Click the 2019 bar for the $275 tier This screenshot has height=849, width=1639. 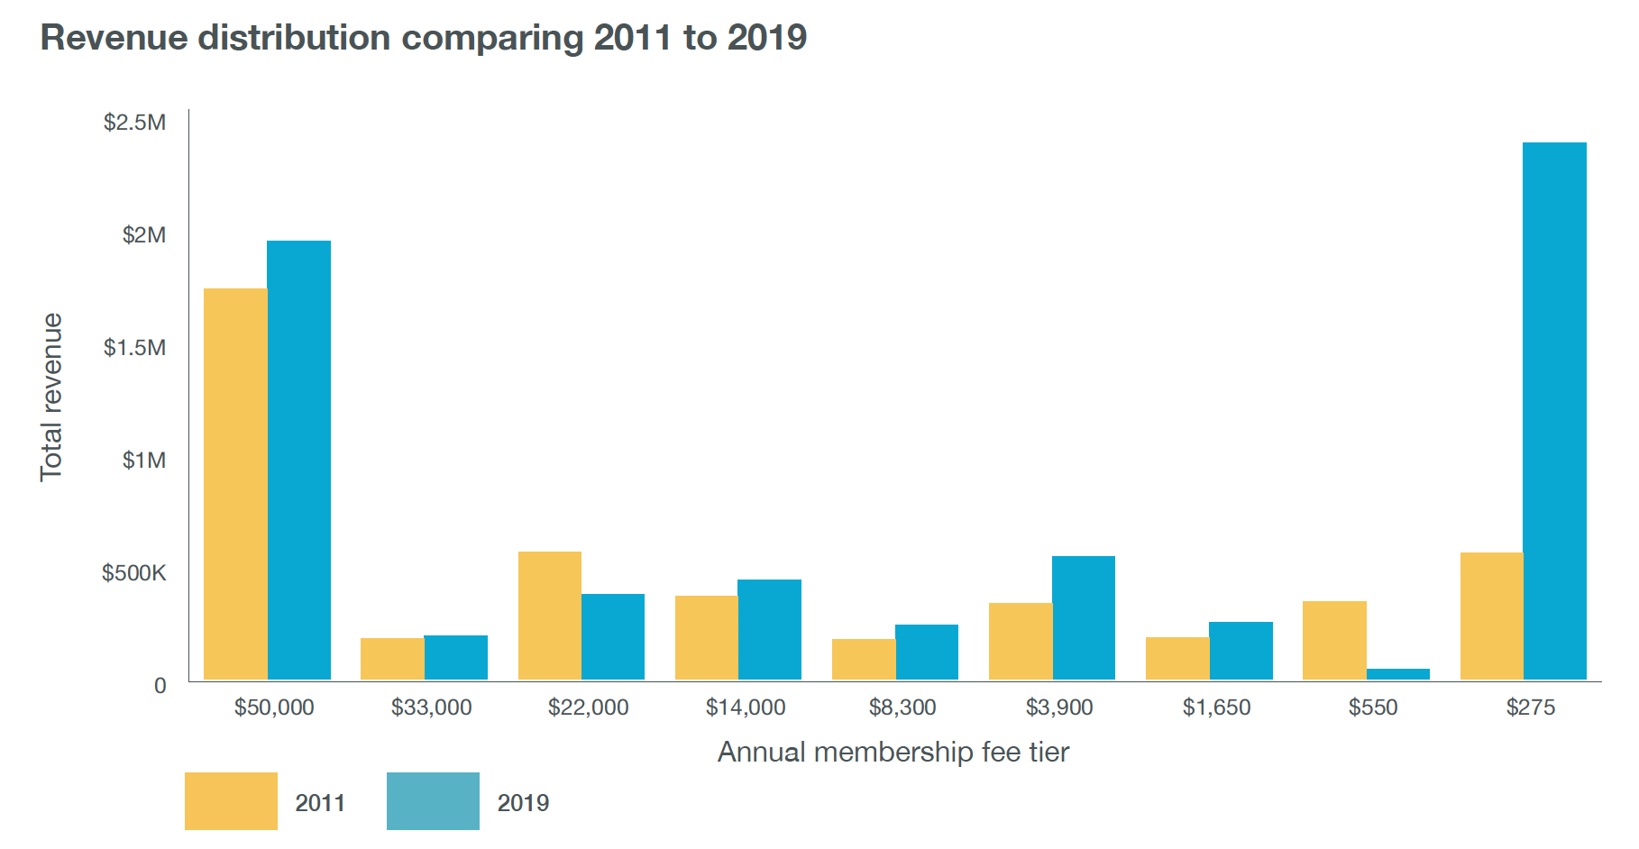[x=1554, y=411]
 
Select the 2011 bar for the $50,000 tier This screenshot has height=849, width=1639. [x=235, y=484]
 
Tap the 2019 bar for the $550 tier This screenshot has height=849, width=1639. [x=1397, y=674]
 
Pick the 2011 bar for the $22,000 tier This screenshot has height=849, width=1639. [x=549, y=616]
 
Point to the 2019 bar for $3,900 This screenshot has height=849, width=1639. [x=1084, y=617]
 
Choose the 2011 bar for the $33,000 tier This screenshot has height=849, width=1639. [x=392, y=659]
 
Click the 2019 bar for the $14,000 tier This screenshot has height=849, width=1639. [x=769, y=629]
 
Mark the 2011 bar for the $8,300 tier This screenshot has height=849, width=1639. [x=863, y=659]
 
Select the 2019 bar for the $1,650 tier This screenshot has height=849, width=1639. [x=1241, y=651]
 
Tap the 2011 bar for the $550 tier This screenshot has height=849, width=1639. [x=1334, y=640]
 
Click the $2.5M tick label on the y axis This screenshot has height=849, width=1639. [x=135, y=123]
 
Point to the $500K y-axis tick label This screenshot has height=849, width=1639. [x=134, y=573]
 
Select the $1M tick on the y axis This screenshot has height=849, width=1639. [x=144, y=461]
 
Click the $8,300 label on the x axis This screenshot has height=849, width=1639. [x=902, y=707]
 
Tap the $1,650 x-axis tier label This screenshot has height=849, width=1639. [x=1216, y=707]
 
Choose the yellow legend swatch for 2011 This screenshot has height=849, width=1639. [x=231, y=801]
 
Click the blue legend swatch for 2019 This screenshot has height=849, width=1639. [x=433, y=801]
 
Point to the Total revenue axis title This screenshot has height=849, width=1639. [x=51, y=397]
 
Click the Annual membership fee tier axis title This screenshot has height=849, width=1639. [x=893, y=752]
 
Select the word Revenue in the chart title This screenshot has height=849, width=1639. [x=113, y=38]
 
